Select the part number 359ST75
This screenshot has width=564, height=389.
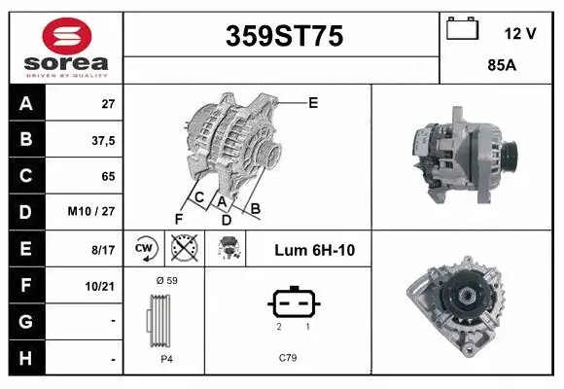283,36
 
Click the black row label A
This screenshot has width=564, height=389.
24,103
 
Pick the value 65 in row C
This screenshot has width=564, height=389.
107,176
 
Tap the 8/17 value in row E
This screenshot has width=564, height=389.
102,250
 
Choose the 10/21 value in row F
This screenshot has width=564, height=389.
100,286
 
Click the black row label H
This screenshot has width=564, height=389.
24,358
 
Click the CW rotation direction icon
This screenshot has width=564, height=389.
144,250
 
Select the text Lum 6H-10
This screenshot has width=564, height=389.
314,251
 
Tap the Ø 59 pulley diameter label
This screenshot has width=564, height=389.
166,280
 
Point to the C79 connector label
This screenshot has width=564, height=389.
287,357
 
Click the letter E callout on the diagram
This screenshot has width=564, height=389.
313,102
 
